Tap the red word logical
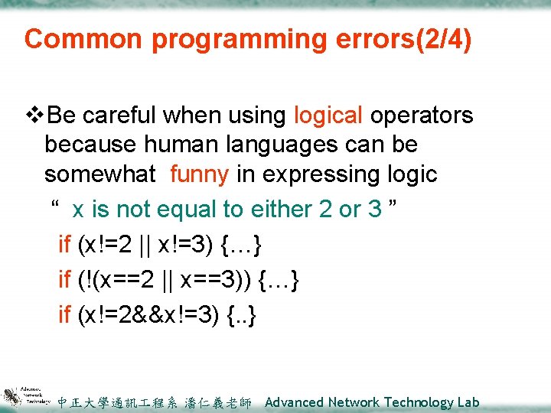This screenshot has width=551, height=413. (328, 115)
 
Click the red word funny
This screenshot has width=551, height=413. (199, 174)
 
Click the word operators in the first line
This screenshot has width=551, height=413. (422, 115)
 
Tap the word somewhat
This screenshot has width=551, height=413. (99, 174)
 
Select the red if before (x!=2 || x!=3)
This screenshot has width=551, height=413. (64, 245)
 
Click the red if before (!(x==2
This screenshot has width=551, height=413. (64, 280)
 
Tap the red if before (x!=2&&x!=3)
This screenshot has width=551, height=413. (64, 314)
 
